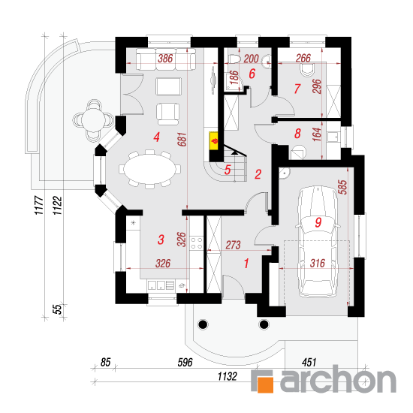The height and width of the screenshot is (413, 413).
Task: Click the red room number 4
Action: click(x=157, y=137)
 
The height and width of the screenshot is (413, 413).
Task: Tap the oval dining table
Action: click(x=150, y=169)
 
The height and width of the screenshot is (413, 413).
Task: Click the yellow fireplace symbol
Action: click(x=214, y=141)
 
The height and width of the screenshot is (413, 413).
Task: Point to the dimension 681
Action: click(x=182, y=140)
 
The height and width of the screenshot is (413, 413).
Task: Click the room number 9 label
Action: click(x=318, y=222)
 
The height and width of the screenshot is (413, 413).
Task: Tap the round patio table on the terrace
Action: click(x=94, y=120)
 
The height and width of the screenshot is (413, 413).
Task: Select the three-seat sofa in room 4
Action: click(x=166, y=59)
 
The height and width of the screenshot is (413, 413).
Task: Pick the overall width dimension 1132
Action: click(x=228, y=376)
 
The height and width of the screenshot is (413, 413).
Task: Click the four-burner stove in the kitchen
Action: click(x=197, y=243)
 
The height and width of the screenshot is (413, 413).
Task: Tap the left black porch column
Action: click(x=203, y=324)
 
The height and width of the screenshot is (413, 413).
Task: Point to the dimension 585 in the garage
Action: click(x=342, y=187)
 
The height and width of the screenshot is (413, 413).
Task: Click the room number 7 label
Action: click(x=297, y=89)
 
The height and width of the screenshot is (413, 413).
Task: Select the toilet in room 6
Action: click(x=234, y=59)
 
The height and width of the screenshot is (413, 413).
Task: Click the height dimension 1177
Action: click(x=39, y=205)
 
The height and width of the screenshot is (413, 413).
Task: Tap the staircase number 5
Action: click(x=228, y=170)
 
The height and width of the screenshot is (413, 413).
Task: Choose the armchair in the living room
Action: click(x=167, y=114)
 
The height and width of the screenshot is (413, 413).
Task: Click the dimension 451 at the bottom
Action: click(x=309, y=363)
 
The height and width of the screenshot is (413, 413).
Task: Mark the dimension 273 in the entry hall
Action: click(x=233, y=245)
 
